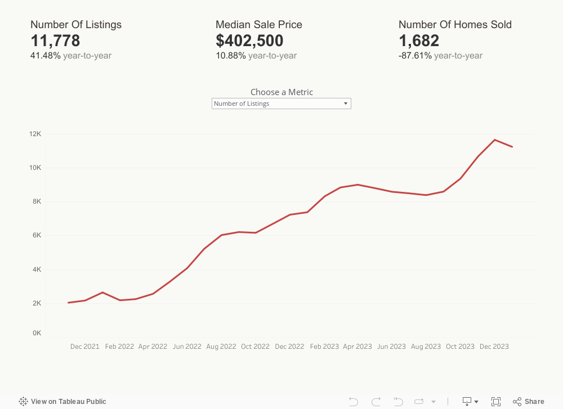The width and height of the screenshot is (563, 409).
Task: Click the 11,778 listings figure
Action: tap(55, 41)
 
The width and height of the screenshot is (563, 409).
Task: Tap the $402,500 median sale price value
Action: tap(249, 41)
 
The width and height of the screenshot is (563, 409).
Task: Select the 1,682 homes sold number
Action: tap(419, 41)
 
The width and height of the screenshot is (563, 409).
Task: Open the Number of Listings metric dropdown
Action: tap(281, 104)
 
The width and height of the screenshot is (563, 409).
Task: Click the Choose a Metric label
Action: tap(281, 92)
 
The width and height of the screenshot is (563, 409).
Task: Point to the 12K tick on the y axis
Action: tap(35, 134)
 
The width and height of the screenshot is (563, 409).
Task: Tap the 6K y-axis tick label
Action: tap(37, 235)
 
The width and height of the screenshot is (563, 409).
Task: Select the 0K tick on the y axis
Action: tap(37, 333)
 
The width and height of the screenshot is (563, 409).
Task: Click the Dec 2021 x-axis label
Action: tap(84, 347)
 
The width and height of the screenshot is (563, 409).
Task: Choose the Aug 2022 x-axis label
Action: tap(221, 347)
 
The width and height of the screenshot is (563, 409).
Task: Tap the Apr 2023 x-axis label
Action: tap(357, 347)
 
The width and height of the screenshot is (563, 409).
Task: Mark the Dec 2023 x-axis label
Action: tap(494, 347)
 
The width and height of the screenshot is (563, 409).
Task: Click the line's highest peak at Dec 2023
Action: tap(495, 140)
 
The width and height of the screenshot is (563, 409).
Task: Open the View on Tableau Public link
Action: tap(62, 402)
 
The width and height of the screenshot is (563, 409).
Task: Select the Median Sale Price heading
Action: tap(259, 25)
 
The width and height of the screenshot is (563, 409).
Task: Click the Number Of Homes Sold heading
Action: tap(455, 25)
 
